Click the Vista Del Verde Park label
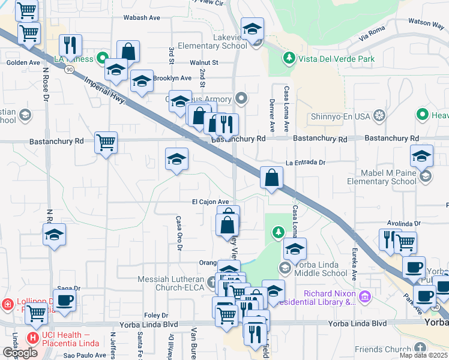tap(338, 59)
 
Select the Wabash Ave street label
tap(142, 18)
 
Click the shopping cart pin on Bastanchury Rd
tap(106, 143)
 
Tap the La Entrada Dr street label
tap(305, 163)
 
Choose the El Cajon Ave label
tap(211, 202)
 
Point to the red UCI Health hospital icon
tap(32, 338)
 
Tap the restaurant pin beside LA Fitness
tap(71, 45)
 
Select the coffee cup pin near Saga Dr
tap(65, 300)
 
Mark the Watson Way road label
tap(426, 22)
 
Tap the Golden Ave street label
tap(23, 62)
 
